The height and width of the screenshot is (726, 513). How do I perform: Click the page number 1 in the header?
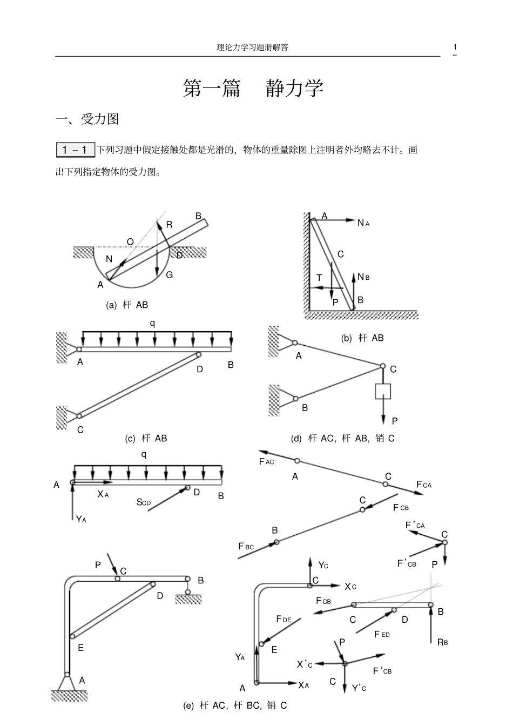click(455, 46)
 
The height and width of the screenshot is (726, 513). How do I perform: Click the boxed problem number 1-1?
click(76, 150)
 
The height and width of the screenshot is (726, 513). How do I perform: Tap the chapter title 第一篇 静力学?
click(253, 89)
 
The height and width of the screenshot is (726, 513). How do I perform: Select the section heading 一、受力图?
click(87, 119)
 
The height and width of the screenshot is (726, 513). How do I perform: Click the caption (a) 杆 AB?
click(127, 305)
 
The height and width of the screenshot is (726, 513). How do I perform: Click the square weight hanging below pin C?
click(383, 391)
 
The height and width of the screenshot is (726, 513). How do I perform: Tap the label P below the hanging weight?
click(395, 421)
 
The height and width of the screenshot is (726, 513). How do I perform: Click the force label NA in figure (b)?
click(363, 223)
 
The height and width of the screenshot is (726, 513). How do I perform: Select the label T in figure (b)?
click(319, 278)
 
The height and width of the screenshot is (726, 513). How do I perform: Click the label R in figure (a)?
click(169, 225)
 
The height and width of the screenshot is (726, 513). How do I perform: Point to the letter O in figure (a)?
click(130, 241)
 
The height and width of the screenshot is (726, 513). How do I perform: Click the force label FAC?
click(267, 462)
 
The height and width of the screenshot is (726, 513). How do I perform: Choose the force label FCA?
click(424, 485)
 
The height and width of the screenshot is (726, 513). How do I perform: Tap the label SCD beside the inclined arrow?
click(144, 502)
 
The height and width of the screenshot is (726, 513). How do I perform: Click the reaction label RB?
click(442, 642)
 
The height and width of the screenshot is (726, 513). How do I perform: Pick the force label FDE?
click(283, 619)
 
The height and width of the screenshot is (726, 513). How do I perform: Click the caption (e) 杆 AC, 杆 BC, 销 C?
click(235, 705)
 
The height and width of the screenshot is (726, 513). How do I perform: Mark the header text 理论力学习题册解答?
click(252, 47)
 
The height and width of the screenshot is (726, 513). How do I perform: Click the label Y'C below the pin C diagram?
click(359, 688)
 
